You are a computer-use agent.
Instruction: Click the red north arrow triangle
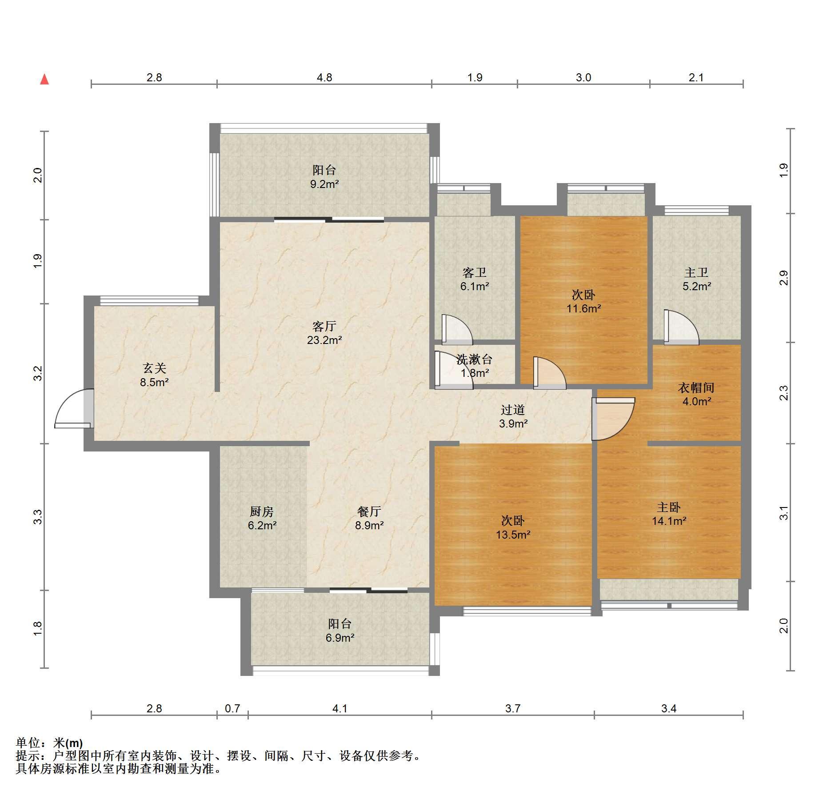[44, 80]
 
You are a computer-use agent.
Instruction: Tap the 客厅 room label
[324, 327]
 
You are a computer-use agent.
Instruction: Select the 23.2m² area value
[324, 340]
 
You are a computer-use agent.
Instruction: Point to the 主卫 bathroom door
[681, 327]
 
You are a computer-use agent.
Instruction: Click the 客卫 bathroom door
[457, 330]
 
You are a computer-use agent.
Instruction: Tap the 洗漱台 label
[475, 360]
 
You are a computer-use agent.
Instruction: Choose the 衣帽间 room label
[696, 388]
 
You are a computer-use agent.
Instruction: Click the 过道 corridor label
[513, 410]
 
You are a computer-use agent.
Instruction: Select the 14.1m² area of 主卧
[669, 521]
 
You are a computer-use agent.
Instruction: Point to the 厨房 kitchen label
[262, 512]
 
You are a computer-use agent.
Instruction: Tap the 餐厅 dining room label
[369, 511]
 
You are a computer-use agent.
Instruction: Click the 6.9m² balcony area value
[340, 638]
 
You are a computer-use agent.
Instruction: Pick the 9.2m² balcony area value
[324, 184]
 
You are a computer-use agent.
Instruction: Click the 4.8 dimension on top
[324, 78]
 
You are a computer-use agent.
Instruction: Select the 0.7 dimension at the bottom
[232, 708]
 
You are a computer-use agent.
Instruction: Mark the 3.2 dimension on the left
[38, 373]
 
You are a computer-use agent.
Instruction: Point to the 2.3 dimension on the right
[784, 393]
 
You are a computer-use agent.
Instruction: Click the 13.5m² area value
[513, 535]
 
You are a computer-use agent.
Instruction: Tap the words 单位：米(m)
[49, 743]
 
